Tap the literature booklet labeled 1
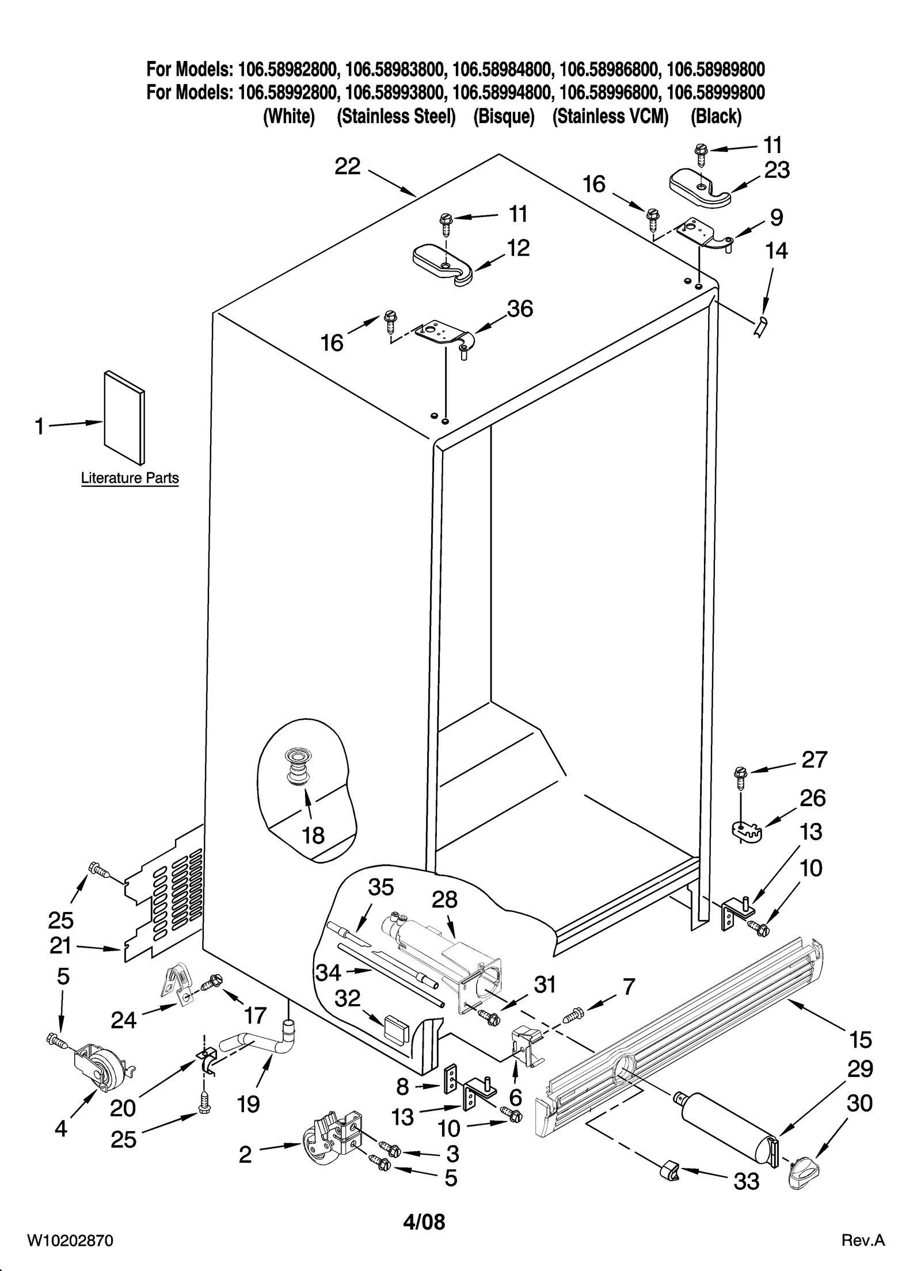124,418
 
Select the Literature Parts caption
130,478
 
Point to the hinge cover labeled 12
443,264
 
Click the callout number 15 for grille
860,1040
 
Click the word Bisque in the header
504,117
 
